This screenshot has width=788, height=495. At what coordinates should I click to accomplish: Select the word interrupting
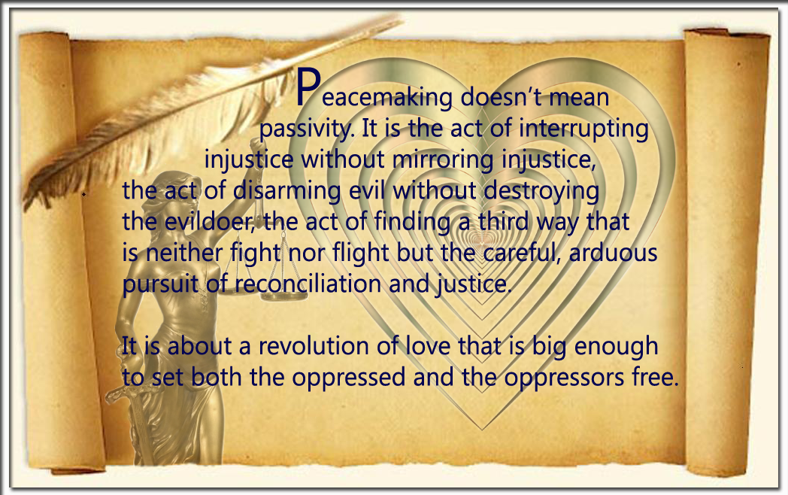(583, 129)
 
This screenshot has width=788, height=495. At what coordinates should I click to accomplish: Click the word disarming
(287, 190)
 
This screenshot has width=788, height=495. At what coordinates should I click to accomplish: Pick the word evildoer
(208, 222)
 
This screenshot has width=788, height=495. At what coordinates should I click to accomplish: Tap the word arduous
(613, 253)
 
